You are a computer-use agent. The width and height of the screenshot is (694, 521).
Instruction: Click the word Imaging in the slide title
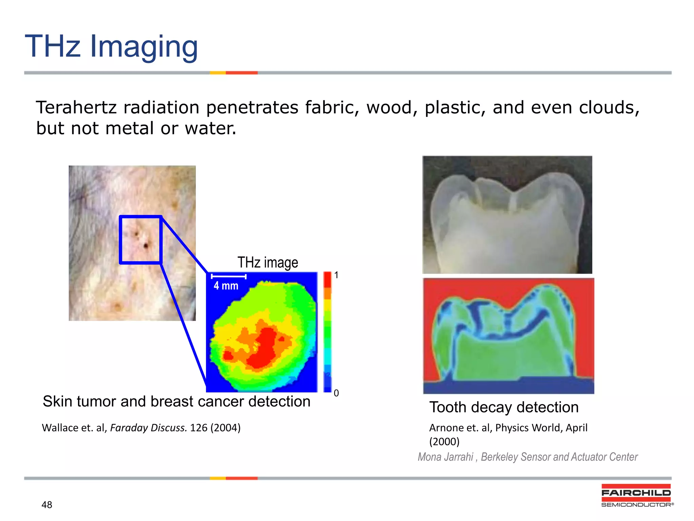tap(144, 47)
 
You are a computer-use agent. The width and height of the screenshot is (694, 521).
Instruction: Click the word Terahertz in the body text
tap(76, 108)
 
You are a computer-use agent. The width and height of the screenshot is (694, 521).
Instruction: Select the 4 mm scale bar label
tap(226, 286)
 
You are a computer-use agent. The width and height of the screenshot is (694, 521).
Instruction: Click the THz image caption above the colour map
tap(267, 263)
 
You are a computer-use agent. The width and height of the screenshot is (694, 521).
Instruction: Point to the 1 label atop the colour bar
tap(336, 275)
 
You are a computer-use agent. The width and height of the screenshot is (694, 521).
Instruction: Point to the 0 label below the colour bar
tap(336, 393)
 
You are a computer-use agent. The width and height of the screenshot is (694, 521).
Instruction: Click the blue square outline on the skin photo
tap(120, 239)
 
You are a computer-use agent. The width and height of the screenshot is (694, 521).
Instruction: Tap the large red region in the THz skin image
tap(264, 349)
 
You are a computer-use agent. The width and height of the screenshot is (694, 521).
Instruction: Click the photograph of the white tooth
tap(507, 214)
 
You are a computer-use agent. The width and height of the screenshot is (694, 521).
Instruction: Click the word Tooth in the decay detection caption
tap(448, 407)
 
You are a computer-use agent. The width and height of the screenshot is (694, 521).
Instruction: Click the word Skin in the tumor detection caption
tap(57, 402)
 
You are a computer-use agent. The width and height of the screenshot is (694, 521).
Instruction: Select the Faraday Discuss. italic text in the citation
tap(148, 428)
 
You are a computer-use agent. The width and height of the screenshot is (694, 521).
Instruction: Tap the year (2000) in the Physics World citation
tap(444, 442)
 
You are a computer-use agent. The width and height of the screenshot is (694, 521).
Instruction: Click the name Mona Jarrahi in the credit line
tap(445, 457)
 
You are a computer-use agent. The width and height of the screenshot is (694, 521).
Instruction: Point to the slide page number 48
tap(47, 505)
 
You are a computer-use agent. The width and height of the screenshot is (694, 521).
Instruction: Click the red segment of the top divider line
tap(242, 73)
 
